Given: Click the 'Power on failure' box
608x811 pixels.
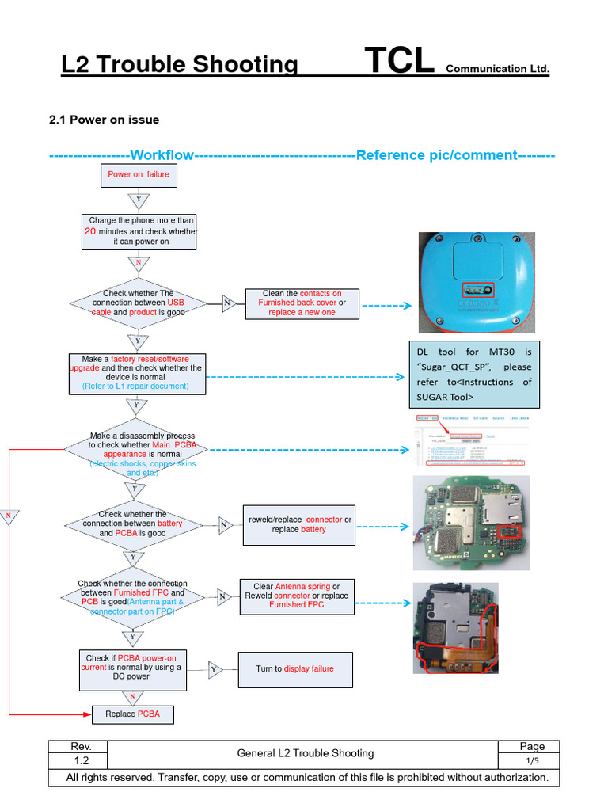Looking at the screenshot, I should coord(139,175).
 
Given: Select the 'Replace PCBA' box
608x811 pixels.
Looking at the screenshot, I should coord(132,714).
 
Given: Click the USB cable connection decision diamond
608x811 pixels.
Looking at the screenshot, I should coord(138,303).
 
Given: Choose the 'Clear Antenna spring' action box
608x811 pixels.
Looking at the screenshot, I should coord(296,596).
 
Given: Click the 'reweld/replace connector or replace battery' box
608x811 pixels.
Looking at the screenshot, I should coord(300,524).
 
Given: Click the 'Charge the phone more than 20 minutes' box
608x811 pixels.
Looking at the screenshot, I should coord(139,231).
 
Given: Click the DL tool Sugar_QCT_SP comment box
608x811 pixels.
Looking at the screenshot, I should coord(474,374).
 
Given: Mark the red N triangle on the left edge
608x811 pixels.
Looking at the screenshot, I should coord(9,516).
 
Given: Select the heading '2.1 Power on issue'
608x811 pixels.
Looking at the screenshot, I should coord(104,120).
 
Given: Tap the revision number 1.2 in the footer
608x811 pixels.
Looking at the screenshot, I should coord(82,760).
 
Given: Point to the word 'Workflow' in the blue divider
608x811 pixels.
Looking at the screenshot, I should coord(161,154).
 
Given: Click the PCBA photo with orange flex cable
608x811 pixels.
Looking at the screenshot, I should coord(456,629).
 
